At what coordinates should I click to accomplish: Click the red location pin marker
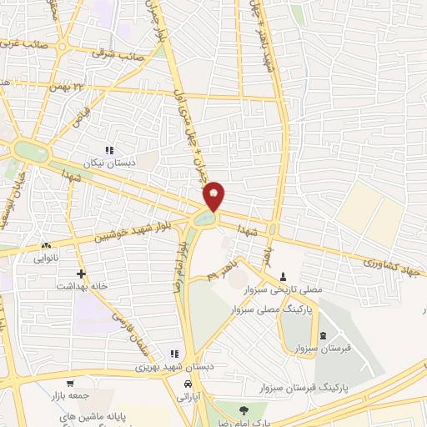[214, 194]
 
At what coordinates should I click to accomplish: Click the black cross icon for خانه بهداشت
[81, 274]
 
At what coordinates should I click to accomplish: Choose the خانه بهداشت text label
[81, 286]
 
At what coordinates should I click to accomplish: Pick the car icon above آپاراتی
[188, 385]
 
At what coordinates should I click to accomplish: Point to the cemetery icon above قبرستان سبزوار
[323, 335]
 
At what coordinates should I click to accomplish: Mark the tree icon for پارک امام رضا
[243, 409]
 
